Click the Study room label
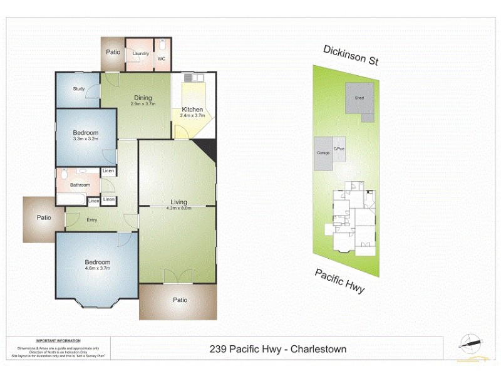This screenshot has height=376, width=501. (78, 89)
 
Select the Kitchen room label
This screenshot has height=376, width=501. (192, 109)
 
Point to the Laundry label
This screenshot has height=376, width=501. (141, 53)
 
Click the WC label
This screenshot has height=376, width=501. (161, 59)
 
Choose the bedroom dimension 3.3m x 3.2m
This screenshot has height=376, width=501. (86, 139)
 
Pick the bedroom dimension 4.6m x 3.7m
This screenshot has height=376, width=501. (98, 268)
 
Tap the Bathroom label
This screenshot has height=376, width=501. (80, 185)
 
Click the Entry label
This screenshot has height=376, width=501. (92, 219)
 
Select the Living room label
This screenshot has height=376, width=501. (179, 202)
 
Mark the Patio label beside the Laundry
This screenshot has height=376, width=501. (113, 52)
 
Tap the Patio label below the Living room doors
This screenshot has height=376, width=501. (180, 300)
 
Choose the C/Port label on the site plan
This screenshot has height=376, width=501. (339, 149)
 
